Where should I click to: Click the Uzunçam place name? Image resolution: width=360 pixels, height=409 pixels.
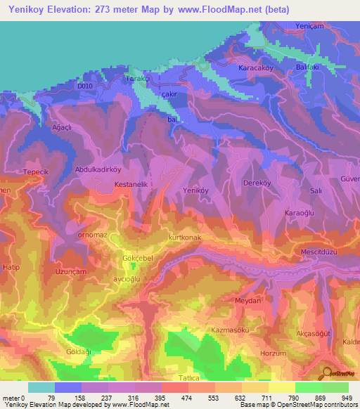tap(72, 271)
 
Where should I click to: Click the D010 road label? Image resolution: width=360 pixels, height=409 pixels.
tap(85, 86)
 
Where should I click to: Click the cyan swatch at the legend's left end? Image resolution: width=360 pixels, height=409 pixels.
tap(41, 387)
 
